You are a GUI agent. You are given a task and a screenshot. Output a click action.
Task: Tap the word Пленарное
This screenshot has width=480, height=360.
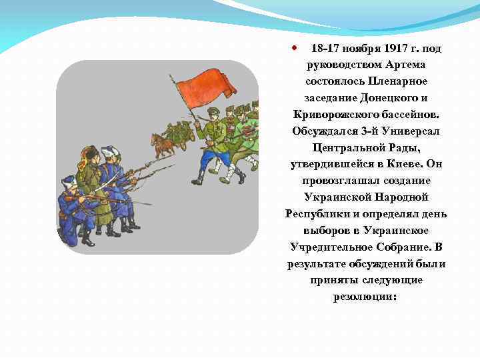395,81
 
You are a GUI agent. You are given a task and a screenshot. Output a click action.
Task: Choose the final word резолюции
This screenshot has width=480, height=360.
365,297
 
